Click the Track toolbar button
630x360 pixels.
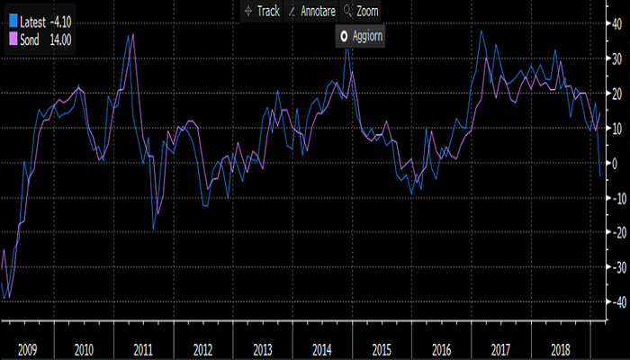[x=263, y=12]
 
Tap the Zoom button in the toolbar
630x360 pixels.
[x=362, y=12]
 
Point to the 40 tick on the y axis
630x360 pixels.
[x=616, y=24]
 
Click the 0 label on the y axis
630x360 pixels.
[x=615, y=164]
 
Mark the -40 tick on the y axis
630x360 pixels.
[x=616, y=303]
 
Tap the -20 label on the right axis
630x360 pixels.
[x=616, y=234]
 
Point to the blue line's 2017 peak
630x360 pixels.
[x=482, y=31]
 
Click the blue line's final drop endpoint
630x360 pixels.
[x=600, y=175]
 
